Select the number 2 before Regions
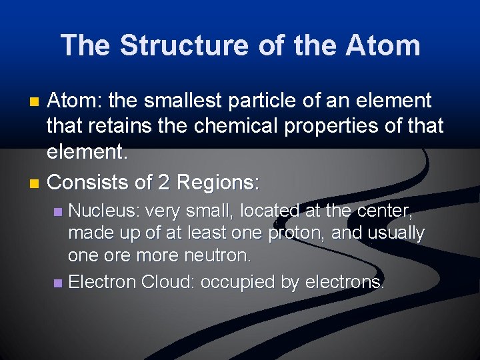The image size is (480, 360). click(x=163, y=181)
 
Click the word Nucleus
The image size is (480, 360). click(x=103, y=211)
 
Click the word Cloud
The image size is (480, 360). click(x=165, y=283)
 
